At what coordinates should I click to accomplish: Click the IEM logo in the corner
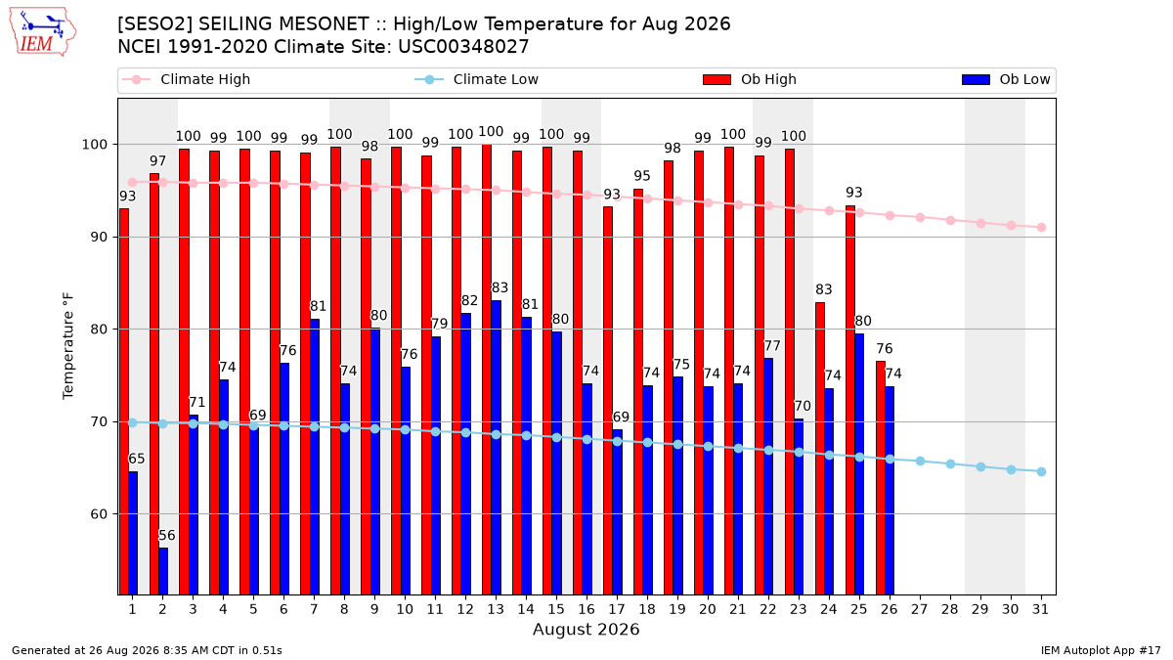click(x=43, y=32)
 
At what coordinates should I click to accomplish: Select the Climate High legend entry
click(x=186, y=79)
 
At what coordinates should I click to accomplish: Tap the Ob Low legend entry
click(x=1006, y=79)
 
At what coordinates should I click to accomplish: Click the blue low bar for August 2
click(x=163, y=571)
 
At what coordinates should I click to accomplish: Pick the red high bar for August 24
click(x=820, y=449)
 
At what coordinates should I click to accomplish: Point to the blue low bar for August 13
click(x=497, y=448)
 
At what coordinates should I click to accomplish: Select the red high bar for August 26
click(x=881, y=478)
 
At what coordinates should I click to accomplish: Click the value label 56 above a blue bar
click(x=167, y=536)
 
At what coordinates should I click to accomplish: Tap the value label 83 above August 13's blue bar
click(x=500, y=287)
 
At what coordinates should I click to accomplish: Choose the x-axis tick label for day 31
click(x=1040, y=610)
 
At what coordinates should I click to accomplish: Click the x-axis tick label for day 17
click(x=617, y=610)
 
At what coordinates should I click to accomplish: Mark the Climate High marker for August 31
click(x=1042, y=227)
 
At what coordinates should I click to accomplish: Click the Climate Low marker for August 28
click(x=950, y=464)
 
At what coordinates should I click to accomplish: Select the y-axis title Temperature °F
click(x=68, y=346)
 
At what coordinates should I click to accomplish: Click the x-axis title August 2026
click(x=586, y=629)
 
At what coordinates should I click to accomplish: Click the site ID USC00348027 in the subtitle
click(x=463, y=47)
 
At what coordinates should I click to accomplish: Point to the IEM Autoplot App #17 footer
click(x=1101, y=650)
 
